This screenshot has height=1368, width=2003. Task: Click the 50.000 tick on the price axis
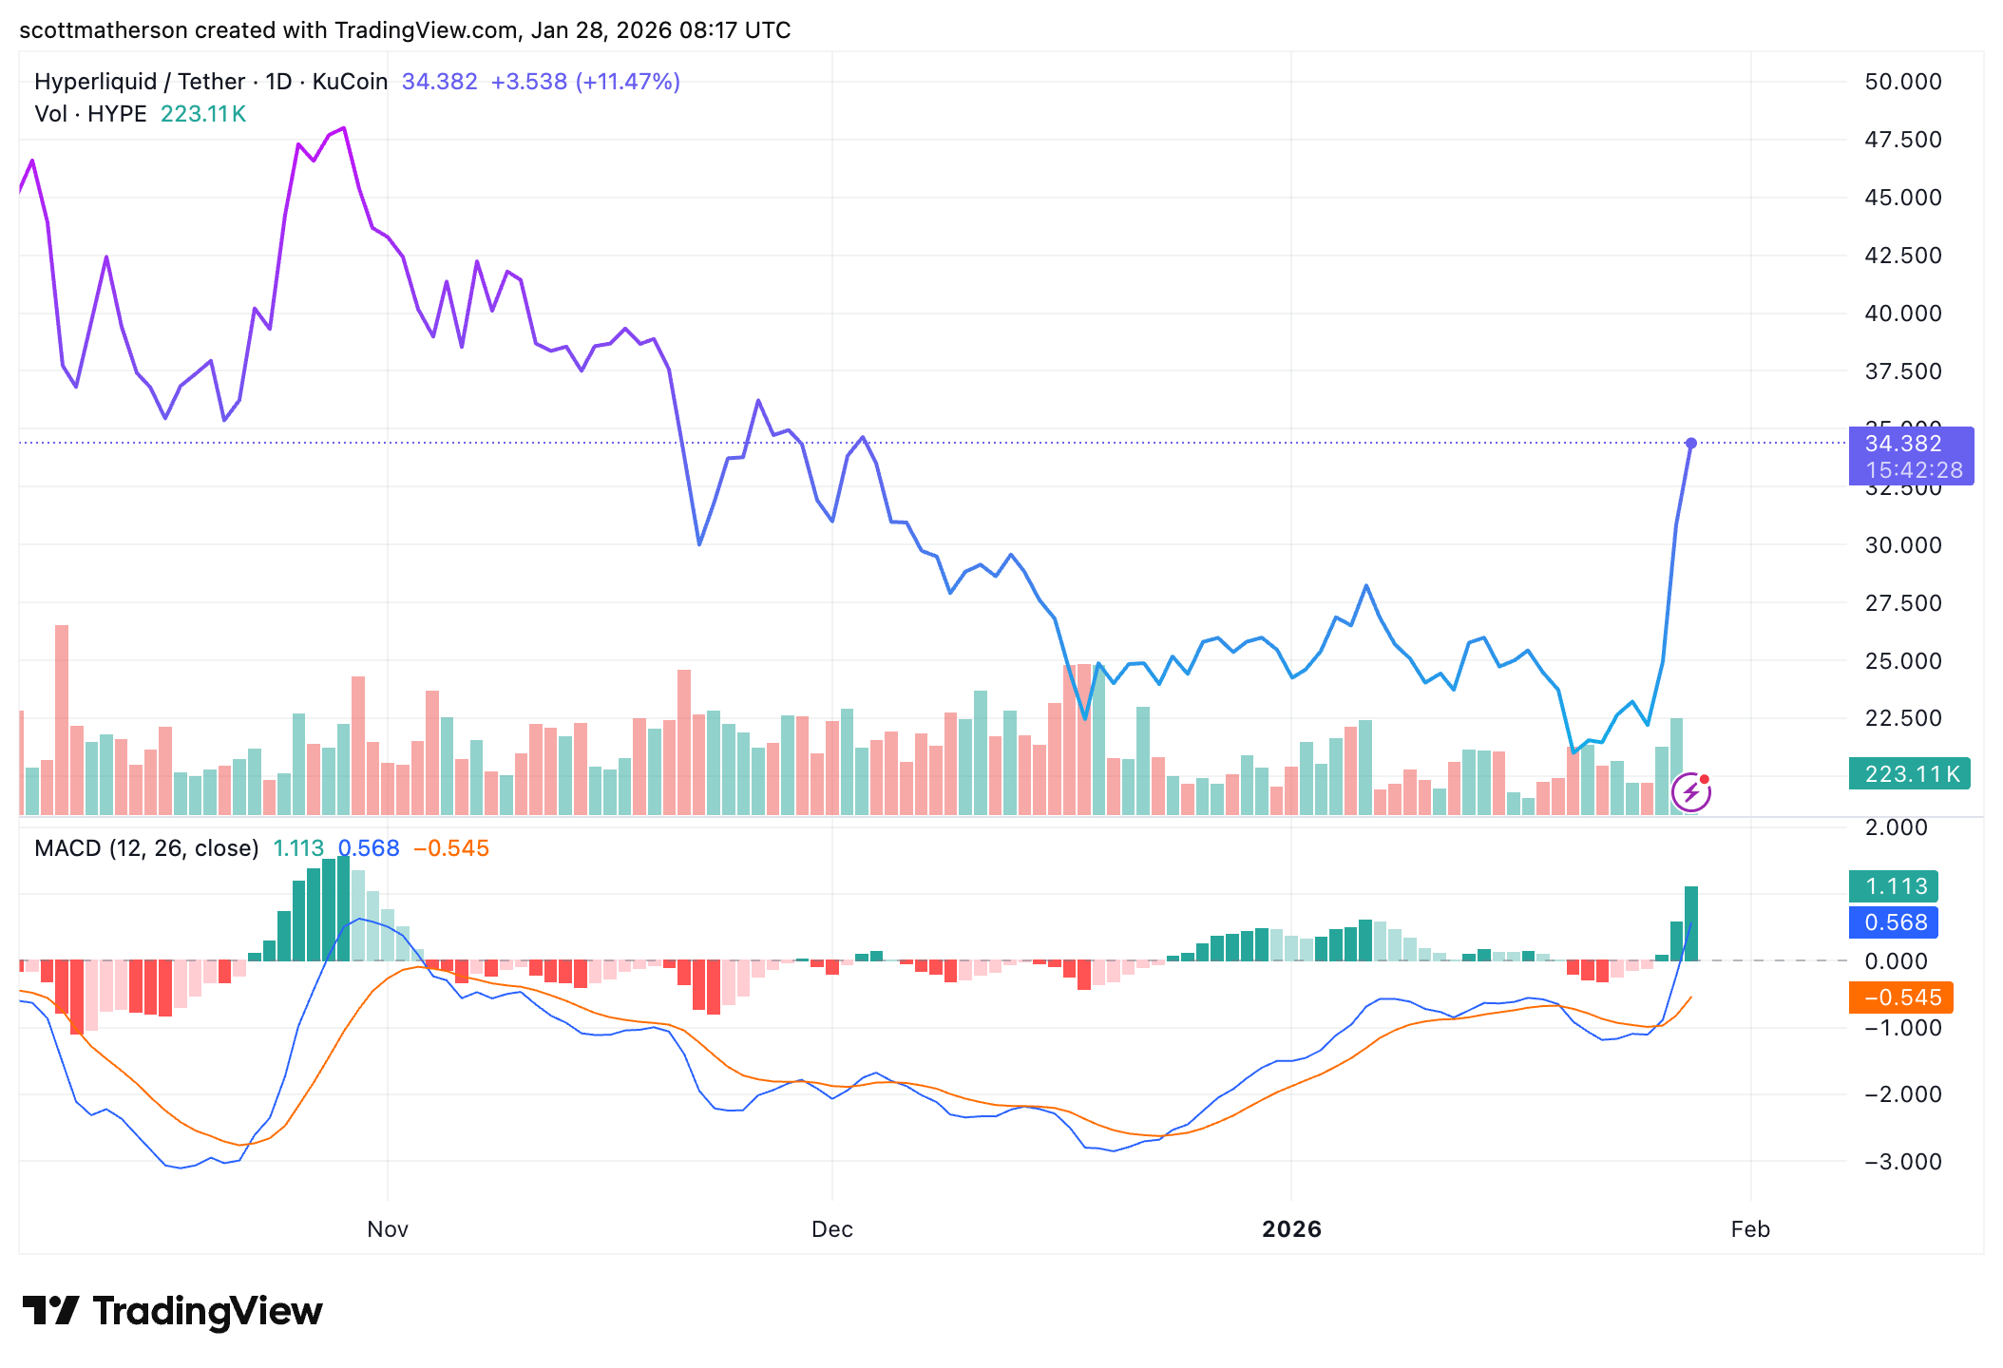1902,82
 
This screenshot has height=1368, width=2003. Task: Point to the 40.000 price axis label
1902,313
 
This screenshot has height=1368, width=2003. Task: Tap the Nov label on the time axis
388,1229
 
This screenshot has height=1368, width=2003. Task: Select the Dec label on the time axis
831,1229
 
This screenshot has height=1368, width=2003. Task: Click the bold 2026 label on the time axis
1291,1229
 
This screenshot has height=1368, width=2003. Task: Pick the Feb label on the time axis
1750,1229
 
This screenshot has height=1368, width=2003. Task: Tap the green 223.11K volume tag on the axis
1911,774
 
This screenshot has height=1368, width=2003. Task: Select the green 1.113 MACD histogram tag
1895,886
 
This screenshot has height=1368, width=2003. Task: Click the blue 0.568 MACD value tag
1895,922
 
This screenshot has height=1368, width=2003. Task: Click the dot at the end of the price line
1691,444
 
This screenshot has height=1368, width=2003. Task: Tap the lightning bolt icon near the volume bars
1691,792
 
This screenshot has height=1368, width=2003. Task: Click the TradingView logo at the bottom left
172,1311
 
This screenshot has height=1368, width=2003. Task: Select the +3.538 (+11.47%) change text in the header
585,82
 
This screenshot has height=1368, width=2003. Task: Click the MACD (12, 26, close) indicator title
146,848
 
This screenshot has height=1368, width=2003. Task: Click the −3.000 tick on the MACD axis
1901,1162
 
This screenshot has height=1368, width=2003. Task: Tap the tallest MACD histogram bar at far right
1691,923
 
